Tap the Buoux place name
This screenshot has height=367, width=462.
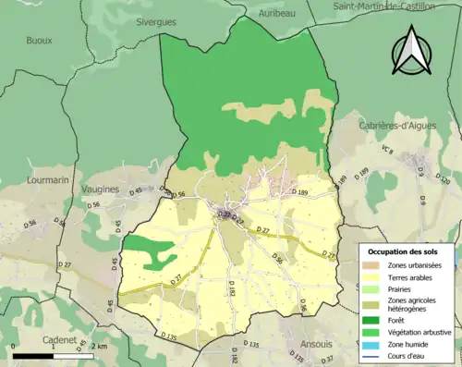tap(39, 41)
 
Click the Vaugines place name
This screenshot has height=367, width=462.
tap(101, 190)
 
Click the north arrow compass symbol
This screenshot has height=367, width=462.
tap(412, 52)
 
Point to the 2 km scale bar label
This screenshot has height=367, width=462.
tap(100, 347)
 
